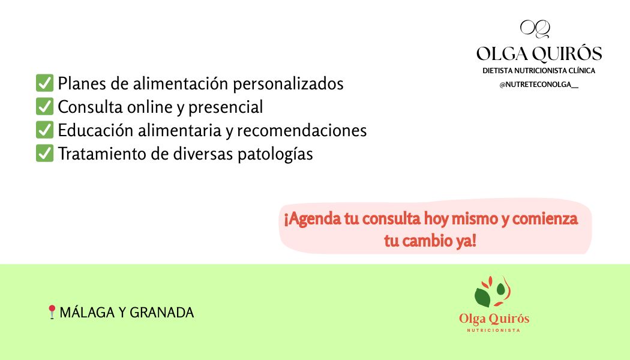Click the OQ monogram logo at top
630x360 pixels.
(x=535, y=29)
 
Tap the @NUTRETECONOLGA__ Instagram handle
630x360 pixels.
(x=539, y=85)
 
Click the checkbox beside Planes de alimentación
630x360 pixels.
(x=45, y=83)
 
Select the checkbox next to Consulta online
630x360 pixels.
(x=45, y=107)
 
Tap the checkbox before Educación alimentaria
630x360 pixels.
(x=45, y=130)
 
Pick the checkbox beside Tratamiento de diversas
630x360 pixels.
(x=45, y=153)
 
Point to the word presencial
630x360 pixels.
(x=226, y=107)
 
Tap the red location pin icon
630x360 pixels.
(x=52, y=312)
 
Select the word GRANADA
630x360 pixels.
(x=162, y=313)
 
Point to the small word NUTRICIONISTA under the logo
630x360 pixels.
(x=494, y=331)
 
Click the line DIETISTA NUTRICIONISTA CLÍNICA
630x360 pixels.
(x=539, y=71)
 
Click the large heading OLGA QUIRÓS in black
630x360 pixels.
(x=539, y=54)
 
